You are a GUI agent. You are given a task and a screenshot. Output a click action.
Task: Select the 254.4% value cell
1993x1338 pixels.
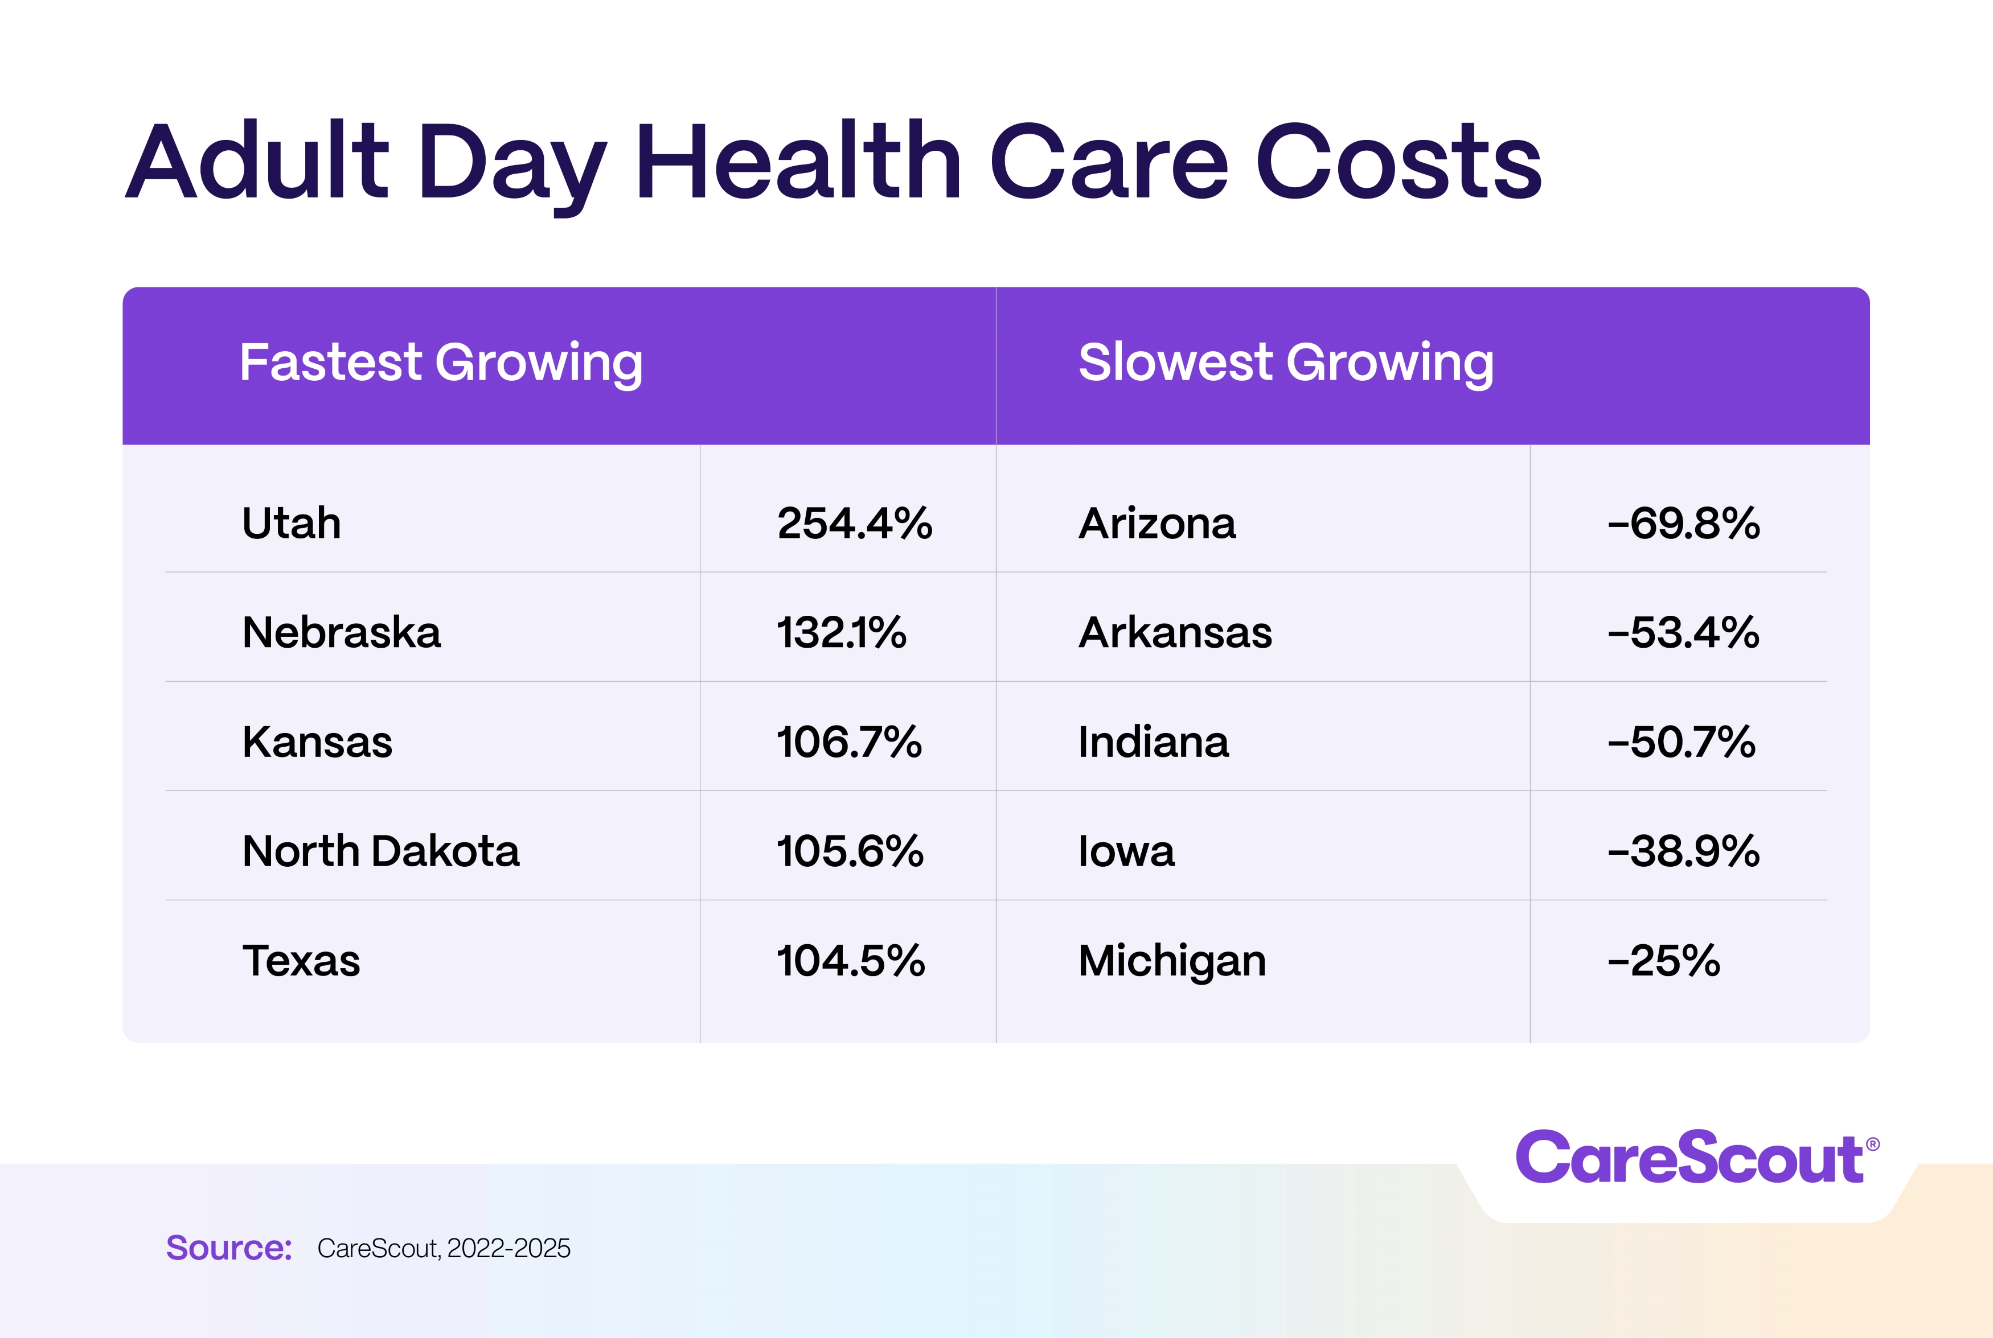pyautogui.click(x=854, y=523)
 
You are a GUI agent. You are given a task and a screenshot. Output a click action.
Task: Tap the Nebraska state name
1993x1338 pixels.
pyautogui.click(x=342, y=632)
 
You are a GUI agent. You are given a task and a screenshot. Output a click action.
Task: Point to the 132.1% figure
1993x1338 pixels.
pyautogui.click(x=840, y=632)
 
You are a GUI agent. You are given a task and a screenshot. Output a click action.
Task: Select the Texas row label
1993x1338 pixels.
pyautogui.click(x=301, y=960)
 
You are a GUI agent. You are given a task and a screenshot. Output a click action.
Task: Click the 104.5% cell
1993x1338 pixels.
pyautogui.click(x=850, y=960)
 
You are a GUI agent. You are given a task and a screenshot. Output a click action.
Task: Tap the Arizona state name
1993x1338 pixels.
pyautogui.click(x=1157, y=523)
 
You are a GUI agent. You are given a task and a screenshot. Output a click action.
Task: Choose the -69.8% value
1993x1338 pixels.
pyautogui.click(x=1683, y=523)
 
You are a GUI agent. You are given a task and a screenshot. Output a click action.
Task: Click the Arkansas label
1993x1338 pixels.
pyautogui.click(x=1175, y=632)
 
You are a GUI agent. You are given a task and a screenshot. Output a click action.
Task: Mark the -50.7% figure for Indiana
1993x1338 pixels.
pyautogui.click(x=1682, y=742)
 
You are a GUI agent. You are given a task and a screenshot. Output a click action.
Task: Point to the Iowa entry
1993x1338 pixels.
pyautogui.click(x=1126, y=851)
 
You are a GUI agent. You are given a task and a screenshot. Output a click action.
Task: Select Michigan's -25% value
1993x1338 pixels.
pyautogui.click(x=1663, y=960)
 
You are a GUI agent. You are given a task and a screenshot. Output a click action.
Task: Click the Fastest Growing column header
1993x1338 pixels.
pyautogui.click(x=440, y=363)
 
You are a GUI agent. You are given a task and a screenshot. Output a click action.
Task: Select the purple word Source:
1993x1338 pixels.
pyautogui.click(x=229, y=1248)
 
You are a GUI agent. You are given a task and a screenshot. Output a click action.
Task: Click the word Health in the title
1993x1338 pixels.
pyautogui.click(x=798, y=162)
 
